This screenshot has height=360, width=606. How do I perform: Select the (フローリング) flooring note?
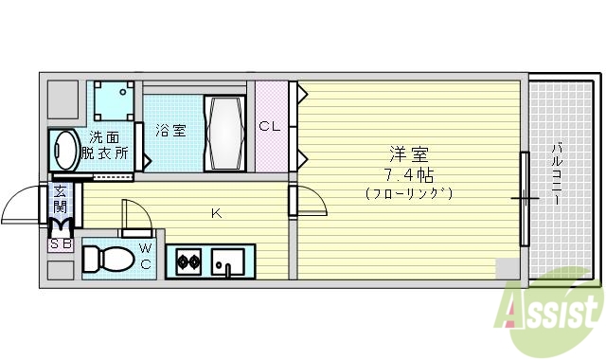(x=408, y=193)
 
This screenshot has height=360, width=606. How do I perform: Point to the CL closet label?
(x=270, y=126)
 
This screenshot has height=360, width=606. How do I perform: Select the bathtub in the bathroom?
(x=225, y=132)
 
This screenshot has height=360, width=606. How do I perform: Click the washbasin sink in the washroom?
(x=66, y=150)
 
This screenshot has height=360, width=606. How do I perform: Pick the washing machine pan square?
(x=112, y=100)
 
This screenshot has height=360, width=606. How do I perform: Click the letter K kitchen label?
(x=216, y=213)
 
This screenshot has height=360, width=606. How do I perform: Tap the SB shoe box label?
(x=60, y=244)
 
